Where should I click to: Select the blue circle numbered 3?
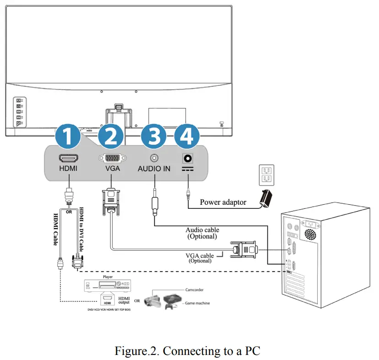tap(153, 136)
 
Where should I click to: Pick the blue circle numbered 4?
tap(187, 136)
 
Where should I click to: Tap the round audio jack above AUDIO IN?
tap(154, 158)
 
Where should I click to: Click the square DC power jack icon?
tap(188, 158)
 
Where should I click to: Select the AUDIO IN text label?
tap(154, 169)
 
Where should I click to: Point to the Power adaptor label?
tap(223, 202)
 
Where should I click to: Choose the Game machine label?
tap(198, 303)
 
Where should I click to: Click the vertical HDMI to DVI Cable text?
tap(82, 229)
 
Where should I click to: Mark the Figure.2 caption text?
tap(187, 351)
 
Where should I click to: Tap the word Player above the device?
tap(108, 277)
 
